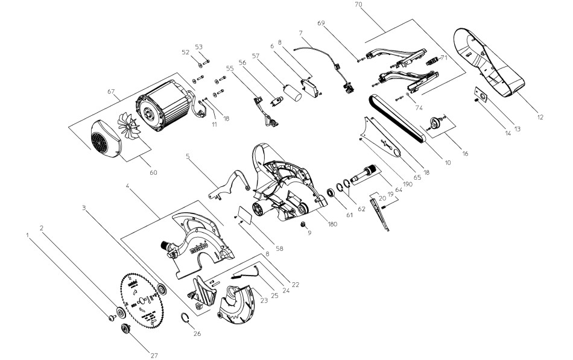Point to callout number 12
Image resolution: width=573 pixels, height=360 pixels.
point(540,116)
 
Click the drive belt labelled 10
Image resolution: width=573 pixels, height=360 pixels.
point(398,118)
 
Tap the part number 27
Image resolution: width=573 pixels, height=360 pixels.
point(154,356)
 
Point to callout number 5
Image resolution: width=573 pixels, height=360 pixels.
point(188,156)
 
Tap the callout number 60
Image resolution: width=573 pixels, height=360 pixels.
point(153,172)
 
